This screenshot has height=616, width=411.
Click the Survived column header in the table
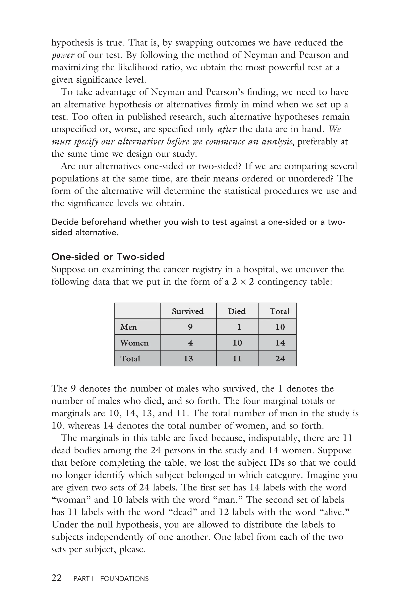pyautogui.click(x=188, y=311)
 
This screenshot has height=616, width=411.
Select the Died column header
pyautogui.click(x=237, y=311)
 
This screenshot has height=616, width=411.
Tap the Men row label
pyautogui.click(x=128, y=327)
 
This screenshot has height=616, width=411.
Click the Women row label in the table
pyautogui.click(x=134, y=343)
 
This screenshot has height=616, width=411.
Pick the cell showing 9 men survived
pyautogui.click(x=190, y=327)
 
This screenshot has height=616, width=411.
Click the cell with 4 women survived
pyautogui.click(x=190, y=343)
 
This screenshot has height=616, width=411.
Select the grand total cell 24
pyautogui.click(x=280, y=359)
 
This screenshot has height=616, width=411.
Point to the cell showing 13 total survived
pyautogui.click(x=188, y=359)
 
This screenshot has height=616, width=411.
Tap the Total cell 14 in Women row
pyautogui.click(x=280, y=343)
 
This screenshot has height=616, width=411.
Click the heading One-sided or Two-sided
pyautogui.click(x=108, y=256)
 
